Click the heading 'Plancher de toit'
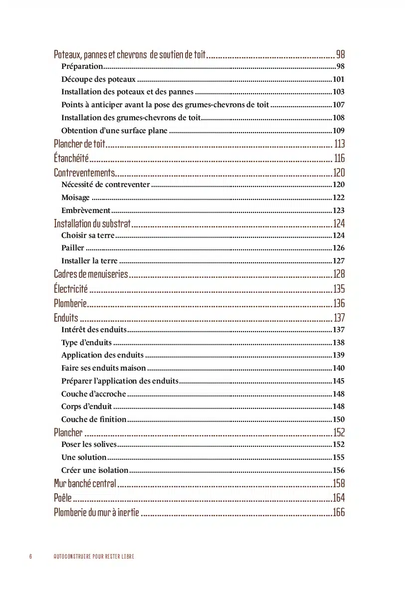[79, 144]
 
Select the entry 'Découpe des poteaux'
[98, 79]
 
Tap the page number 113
[339, 144]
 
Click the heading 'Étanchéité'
[71, 159]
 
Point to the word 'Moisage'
[75, 197]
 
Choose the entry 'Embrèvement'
[86, 210]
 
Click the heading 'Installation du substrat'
[92, 223]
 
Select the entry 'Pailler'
[73, 248]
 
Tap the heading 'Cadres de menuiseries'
[91, 274]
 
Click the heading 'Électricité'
[71, 289]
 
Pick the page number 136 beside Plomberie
[339, 303]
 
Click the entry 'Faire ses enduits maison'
[104, 368]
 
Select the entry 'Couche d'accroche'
[94, 394]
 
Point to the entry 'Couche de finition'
[94, 419]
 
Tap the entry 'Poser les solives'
[89, 444]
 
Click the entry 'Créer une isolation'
[95, 470]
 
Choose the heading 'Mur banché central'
[85, 483]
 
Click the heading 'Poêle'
[63, 498]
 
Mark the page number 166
[339, 512]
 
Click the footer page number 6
[30, 557]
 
